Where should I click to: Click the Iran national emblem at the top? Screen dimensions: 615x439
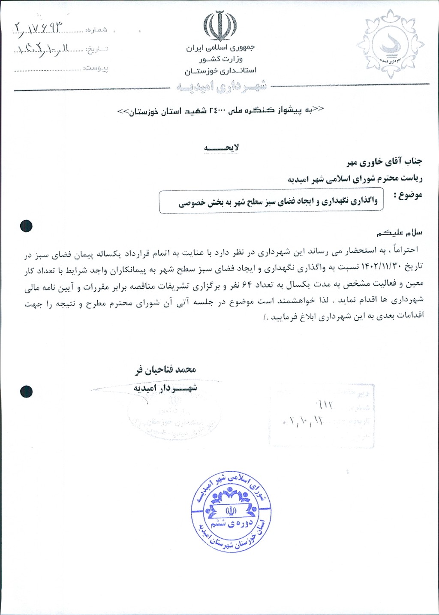[219, 27]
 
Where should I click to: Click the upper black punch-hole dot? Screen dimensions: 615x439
[26, 226]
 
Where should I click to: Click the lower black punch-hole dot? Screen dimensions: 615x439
[26, 391]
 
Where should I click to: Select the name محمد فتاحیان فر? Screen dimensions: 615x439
[165, 370]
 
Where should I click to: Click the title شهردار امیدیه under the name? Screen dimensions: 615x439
[165, 388]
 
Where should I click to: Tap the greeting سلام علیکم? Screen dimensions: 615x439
[400, 232]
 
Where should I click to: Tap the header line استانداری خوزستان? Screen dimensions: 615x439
[220, 70]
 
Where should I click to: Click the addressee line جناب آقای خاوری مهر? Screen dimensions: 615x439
[384, 162]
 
